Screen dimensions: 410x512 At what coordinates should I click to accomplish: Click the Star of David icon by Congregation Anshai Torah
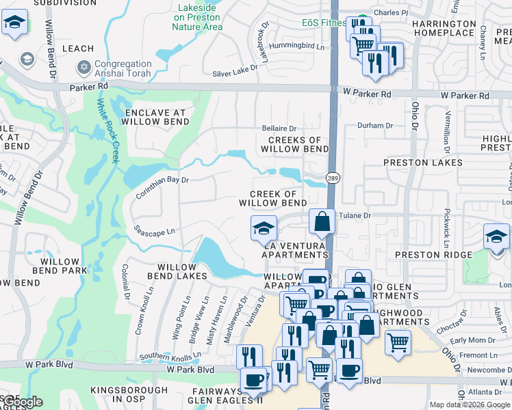point(85,68)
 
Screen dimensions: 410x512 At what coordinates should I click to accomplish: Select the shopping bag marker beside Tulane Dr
point(322,222)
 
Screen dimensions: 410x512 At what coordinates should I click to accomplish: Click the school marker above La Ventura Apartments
point(263,229)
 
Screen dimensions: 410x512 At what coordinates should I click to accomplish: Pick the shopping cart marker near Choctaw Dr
point(398,341)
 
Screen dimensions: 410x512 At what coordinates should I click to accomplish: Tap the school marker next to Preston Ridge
point(496,237)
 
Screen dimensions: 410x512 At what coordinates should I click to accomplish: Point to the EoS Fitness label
point(324,23)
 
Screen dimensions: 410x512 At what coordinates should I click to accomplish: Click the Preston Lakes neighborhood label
point(424,163)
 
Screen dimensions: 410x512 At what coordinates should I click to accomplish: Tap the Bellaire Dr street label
point(279,128)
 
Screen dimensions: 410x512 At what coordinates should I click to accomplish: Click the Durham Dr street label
point(376,126)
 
